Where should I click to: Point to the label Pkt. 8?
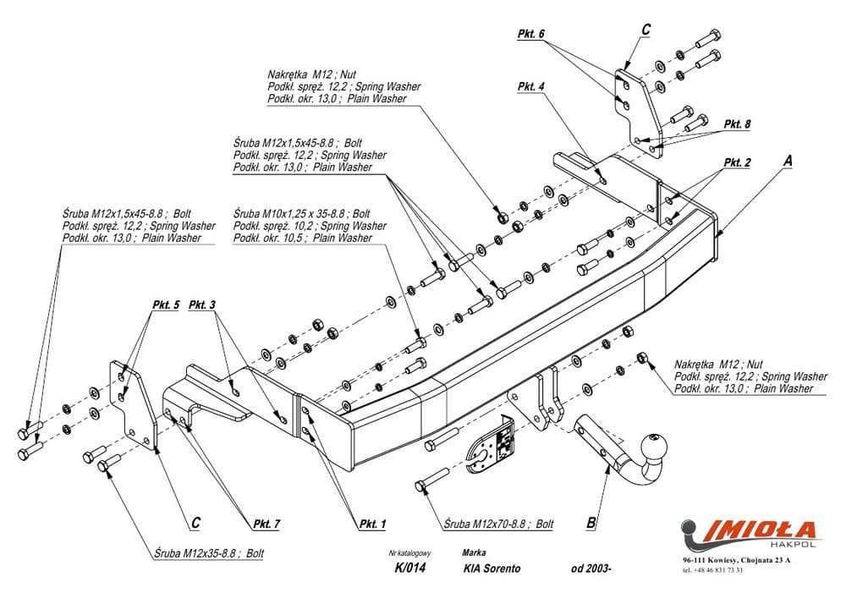[737, 123]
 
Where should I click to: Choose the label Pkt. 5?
[166, 304]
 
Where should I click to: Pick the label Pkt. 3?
[202, 304]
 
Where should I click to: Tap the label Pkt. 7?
[265, 524]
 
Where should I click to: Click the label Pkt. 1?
[372, 524]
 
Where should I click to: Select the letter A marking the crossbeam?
[788, 159]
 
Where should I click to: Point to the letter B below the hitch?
[591, 523]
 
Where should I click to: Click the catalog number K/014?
[409, 568]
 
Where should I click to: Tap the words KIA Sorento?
[492, 568]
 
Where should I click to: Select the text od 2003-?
[591, 568]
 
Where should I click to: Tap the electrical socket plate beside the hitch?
[490, 443]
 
